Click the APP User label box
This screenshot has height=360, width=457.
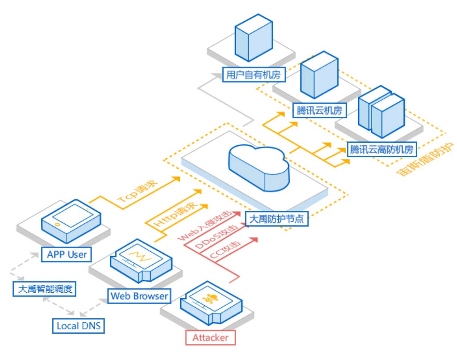click(x=67, y=255)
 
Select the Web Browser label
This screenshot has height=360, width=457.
click(x=139, y=296)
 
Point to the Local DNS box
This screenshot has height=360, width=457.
click(x=79, y=325)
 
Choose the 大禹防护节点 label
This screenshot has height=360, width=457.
click(x=277, y=219)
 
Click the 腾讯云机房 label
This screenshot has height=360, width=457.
click(x=319, y=110)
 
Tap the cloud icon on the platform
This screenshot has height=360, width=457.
click(x=258, y=167)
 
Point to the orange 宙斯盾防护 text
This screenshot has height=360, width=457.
click(x=425, y=161)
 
